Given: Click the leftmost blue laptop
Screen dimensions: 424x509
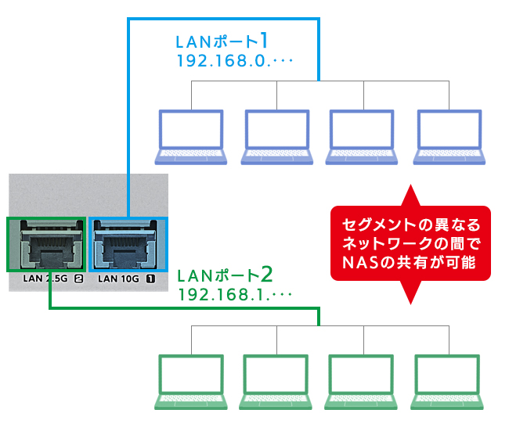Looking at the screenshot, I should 191,137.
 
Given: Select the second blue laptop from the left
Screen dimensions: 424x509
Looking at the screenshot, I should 276,137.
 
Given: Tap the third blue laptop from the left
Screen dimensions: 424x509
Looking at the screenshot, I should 362,137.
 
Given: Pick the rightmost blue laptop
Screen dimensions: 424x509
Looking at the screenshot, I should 447,137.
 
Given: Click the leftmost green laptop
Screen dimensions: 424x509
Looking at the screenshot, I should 191,383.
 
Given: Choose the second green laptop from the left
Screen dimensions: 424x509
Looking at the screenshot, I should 276,383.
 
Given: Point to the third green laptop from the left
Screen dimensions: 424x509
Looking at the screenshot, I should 362,383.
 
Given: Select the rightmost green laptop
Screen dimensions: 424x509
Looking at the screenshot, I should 447,383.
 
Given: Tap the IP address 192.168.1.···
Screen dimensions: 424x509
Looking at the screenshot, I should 235,296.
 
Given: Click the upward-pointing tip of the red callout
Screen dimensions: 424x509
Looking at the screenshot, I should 410,189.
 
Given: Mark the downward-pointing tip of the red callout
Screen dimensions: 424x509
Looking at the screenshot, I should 410,301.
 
